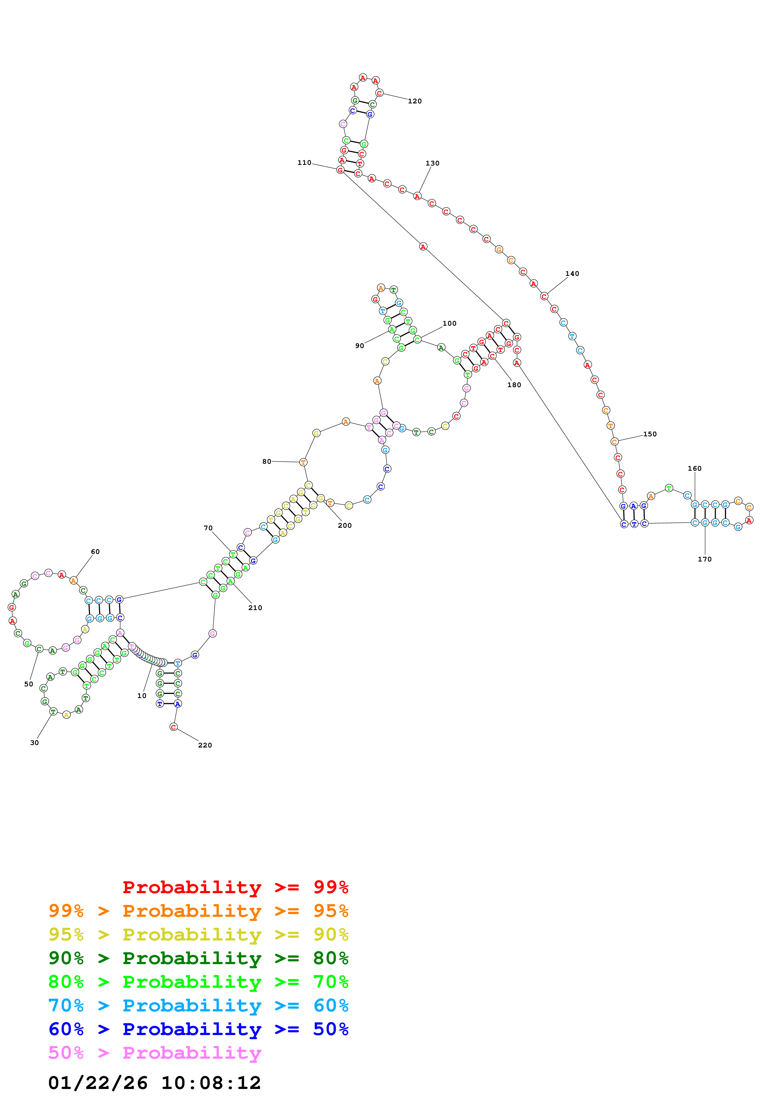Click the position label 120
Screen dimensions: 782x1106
415,101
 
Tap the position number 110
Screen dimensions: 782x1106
304,163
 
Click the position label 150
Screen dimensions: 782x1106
650,434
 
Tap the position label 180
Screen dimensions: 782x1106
514,385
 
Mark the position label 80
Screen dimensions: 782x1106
267,462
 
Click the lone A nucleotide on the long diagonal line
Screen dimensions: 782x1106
423,247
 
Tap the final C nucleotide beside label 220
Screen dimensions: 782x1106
173,727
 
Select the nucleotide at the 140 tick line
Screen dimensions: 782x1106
544,296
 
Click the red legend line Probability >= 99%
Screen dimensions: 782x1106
235,887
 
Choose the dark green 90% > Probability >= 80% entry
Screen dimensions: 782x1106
198,958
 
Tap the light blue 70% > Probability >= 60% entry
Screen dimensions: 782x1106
198,1005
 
